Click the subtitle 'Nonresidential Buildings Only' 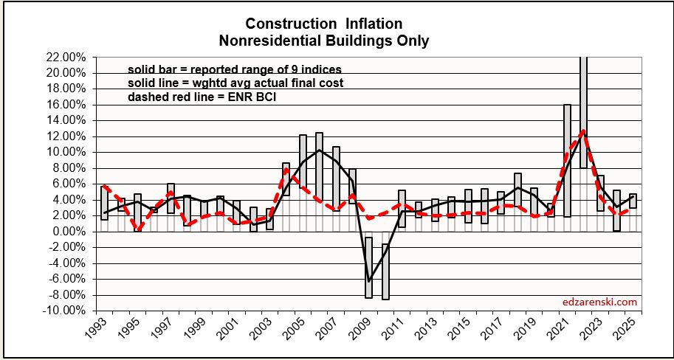click(337, 41)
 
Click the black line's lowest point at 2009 click(368, 281)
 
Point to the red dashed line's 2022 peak click(583, 131)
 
